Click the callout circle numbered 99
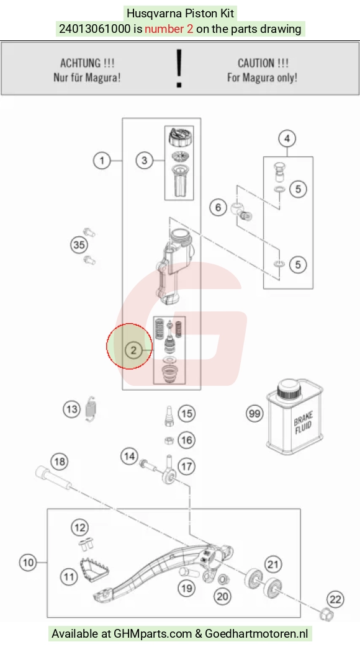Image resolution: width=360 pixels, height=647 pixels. click(x=254, y=413)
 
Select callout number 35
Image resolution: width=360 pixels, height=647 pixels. click(x=79, y=244)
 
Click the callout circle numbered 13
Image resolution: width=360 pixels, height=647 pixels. click(x=72, y=409)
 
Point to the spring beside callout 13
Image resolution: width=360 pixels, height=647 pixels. click(x=91, y=409)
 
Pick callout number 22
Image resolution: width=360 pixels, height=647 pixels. click(x=335, y=599)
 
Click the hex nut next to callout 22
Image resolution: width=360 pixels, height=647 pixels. click(x=326, y=614)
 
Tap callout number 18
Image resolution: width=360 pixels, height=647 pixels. click(x=59, y=462)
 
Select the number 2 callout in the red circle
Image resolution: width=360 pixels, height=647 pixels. click(x=133, y=350)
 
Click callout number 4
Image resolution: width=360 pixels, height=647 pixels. click(x=287, y=138)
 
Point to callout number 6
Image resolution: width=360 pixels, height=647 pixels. click(x=218, y=207)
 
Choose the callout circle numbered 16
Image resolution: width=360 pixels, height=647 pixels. click(x=186, y=440)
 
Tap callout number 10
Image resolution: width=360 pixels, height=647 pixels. click(x=28, y=563)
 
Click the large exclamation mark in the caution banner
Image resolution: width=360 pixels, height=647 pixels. click(x=179, y=68)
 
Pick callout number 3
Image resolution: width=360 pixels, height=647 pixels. click(x=144, y=160)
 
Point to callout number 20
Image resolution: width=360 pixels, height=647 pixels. click(x=223, y=596)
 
